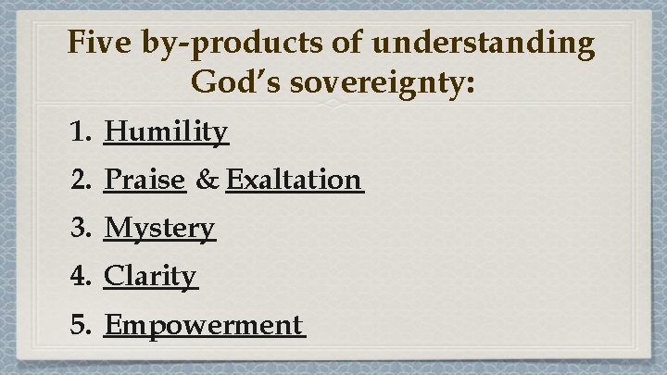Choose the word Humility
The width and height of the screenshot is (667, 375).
click(166, 133)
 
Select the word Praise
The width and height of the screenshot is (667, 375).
click(145, 180)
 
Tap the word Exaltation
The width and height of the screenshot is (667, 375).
click(293, 180)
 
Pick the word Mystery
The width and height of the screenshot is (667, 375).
click(159, 228)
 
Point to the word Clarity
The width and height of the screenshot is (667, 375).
click(150, 276)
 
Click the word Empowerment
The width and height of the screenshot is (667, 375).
click(203, 325)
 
